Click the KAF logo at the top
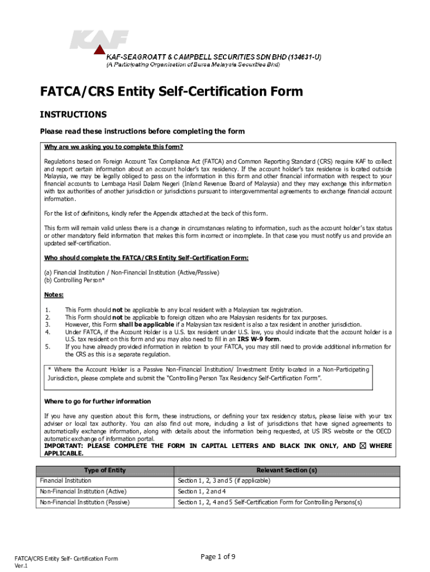point(99,41)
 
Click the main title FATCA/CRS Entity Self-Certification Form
point(171,91)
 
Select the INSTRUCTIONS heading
point(73,115)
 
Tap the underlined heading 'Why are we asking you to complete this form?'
point(114,147)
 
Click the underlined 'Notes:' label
point(54,295)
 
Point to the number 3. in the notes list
point(47,325)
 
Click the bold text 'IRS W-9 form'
point(259,339)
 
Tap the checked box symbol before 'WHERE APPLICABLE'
point(363,446)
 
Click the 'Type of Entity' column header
point(104,470)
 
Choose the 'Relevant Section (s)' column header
point(286,470)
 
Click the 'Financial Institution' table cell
point(65,480)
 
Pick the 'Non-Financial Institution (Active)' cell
point(83,492)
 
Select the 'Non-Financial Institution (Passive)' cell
point(84,503)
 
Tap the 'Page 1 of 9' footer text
point(217,556)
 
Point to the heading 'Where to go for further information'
point(97,402)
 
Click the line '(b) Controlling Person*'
point(74,280)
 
